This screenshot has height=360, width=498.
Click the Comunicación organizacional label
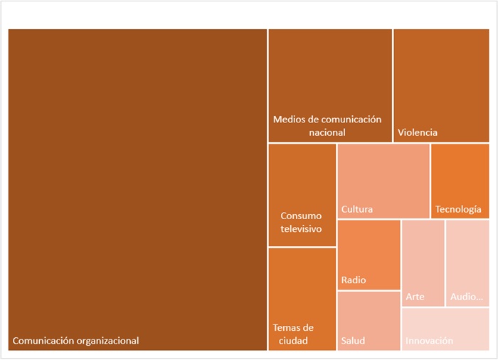76,341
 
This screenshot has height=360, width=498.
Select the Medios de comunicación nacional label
328,126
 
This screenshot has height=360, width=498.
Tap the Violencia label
418,132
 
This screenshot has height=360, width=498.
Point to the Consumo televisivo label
301,222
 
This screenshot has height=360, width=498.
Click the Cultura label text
357,209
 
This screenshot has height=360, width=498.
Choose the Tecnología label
458,209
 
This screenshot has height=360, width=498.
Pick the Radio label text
354,280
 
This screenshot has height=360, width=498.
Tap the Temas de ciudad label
293,334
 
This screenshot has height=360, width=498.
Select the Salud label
353,341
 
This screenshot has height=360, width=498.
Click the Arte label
415,297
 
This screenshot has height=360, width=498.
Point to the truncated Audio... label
467,297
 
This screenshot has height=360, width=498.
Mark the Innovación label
429,341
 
